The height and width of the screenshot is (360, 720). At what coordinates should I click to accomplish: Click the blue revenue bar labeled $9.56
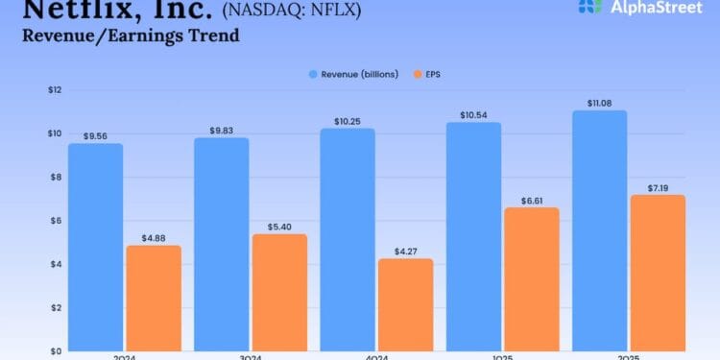(95, 247)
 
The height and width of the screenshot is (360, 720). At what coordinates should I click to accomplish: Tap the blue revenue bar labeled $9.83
(221, 244)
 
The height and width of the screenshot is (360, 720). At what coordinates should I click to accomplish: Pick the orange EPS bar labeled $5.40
(279, 292)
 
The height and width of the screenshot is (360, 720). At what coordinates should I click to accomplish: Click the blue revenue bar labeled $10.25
(348, 239)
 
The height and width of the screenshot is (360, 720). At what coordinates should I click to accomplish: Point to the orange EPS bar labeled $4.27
(405, 304)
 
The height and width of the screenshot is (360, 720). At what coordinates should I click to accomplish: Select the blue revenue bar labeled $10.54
(473, 236)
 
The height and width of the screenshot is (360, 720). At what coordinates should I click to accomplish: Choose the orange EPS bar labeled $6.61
(531, 278)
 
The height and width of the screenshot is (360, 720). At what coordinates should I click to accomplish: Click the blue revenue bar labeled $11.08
(599, 230)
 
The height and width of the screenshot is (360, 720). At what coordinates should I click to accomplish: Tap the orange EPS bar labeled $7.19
(658, 273)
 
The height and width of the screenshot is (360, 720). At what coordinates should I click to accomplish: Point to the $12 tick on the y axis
(55, 90)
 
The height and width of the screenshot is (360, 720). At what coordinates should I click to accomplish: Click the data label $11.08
(599, 102)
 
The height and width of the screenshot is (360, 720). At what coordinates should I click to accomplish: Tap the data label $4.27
(405, 251)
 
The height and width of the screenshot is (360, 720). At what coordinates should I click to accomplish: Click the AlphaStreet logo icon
(591, 6)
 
